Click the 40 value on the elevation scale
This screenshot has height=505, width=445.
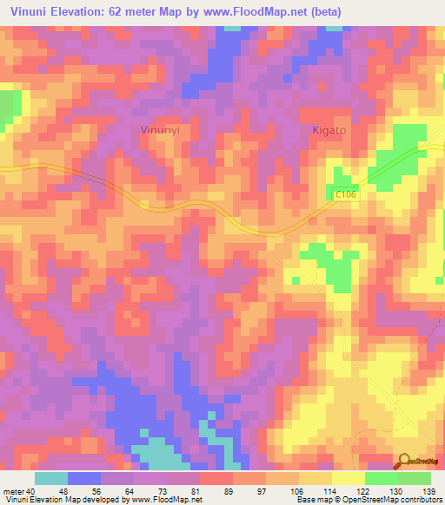[x=31, y=490]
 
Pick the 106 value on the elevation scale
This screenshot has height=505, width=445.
[x=297, y=490]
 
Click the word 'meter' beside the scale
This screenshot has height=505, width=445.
[x=12, y=490]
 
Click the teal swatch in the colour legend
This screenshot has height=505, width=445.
[x=51, y=478]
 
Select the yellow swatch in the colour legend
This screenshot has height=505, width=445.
[x=348, y=478]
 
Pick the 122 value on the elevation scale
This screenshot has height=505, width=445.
[x=363, y=490]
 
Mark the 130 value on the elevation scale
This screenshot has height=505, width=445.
[x=396, y=490]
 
